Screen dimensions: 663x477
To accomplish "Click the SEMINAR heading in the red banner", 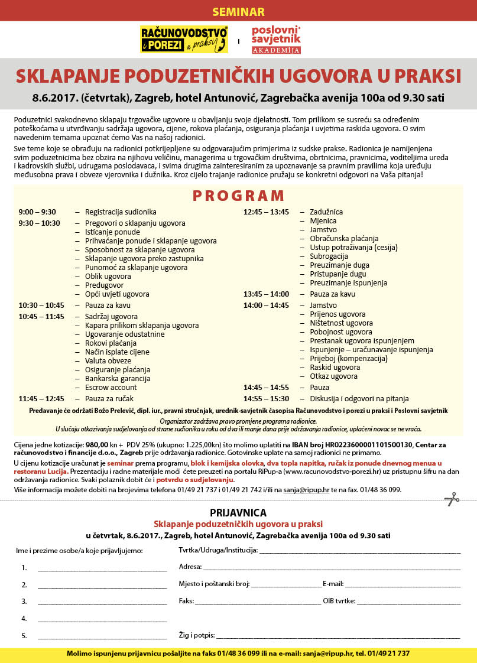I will pos(238,12).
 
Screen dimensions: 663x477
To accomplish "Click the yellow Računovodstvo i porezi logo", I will pos(184,40).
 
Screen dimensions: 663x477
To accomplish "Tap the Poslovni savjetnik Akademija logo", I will pos(276,40).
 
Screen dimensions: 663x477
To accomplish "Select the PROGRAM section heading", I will pos(238,196).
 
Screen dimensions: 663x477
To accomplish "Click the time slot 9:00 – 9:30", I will pos(37,212).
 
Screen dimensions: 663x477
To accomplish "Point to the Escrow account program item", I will pos(111,387).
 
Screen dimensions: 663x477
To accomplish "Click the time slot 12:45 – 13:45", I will pos(266,212).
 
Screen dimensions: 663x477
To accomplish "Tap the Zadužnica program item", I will pos(326,212).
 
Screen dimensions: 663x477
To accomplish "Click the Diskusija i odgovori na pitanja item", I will pos(359,398).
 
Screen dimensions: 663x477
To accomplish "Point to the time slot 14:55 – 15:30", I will pos(266,398).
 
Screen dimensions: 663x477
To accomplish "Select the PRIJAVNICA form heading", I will pos(238,513).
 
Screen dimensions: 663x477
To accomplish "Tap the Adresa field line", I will pos(331,568).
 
